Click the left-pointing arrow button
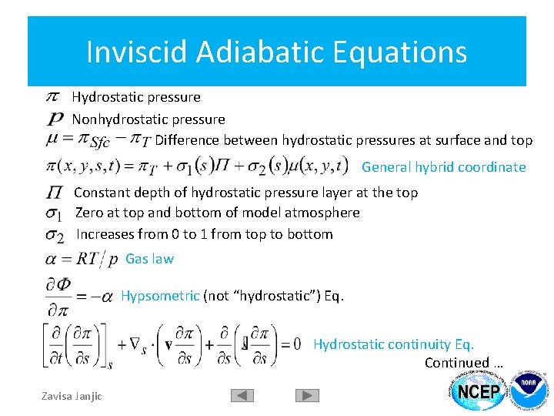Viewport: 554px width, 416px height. click(x=242, y=395)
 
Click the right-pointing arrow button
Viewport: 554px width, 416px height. click(x=307, y=395)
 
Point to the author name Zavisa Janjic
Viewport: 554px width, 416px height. click(x=71, y=396)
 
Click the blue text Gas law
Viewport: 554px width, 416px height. click(x=149, y=259)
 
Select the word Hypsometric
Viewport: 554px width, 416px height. click(x=160, y=296)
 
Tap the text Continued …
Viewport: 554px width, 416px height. click(x=464, y=363)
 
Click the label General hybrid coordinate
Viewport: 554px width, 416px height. click(x=443, y=167)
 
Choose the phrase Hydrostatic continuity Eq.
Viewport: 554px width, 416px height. click(x=393, y=344)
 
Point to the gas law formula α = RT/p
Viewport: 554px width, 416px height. click(x=82, y=260)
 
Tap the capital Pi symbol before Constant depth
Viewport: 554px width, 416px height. click(x=55, y=193)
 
